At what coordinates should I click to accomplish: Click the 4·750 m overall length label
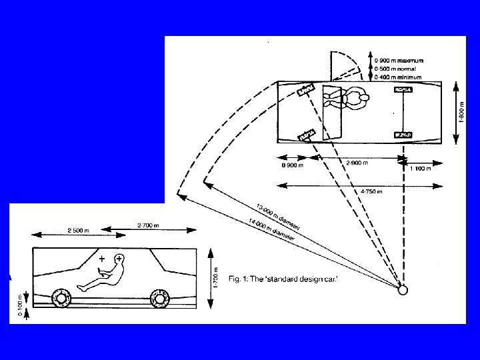tap(371, 191)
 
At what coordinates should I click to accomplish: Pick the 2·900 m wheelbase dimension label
tap(356, 162)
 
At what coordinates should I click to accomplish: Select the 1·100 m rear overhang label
tap(419, 168)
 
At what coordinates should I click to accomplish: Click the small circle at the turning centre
tap(403, 289)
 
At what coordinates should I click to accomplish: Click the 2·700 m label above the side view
tap(148, 226)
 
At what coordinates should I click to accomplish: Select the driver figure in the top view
tap(347, 100)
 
